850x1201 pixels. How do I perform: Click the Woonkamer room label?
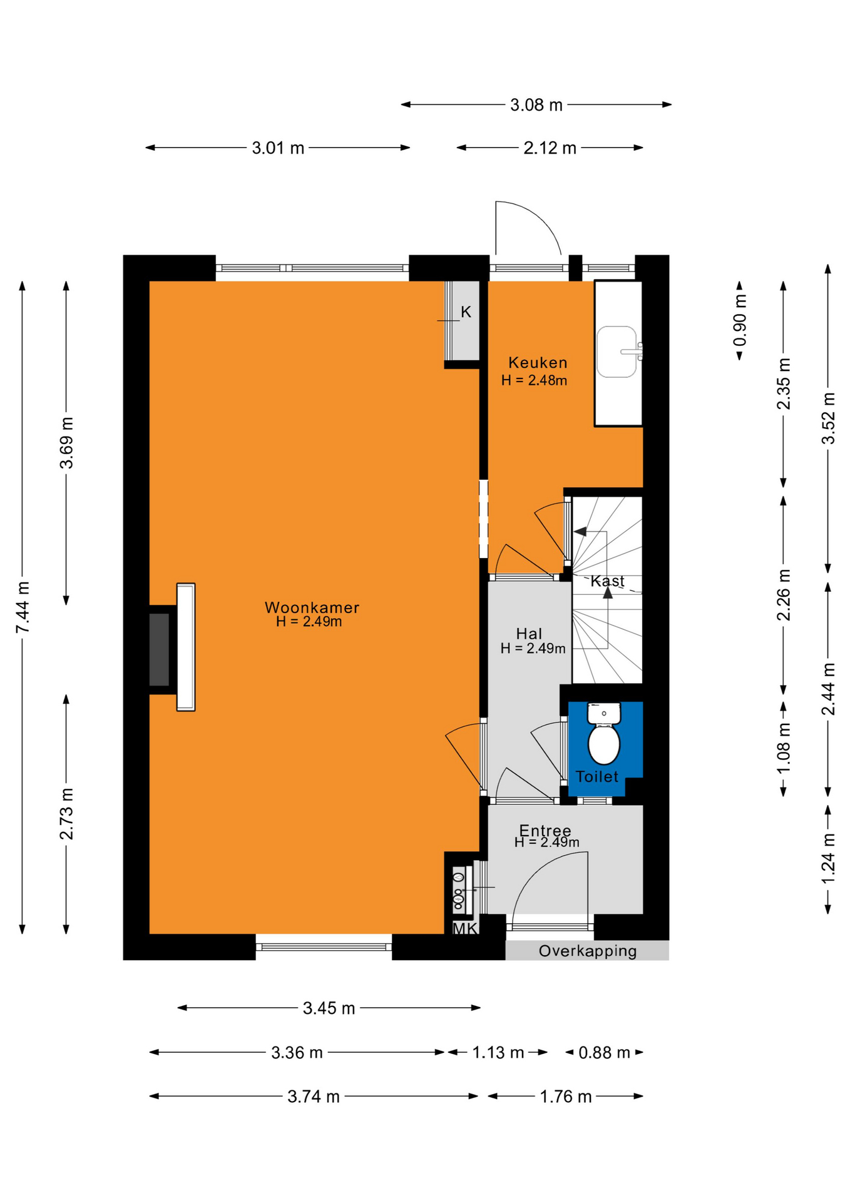click(x=312, y=607)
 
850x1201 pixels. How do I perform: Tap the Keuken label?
click(x=538, y=362)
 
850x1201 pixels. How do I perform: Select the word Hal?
click(x=529, y=634)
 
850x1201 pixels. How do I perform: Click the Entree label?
click(x=545, y=830)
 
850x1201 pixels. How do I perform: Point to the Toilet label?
click(x=597, y=776)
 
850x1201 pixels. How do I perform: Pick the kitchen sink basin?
click(x=617, y=352)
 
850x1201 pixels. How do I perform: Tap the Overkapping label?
click(x=588, y=951)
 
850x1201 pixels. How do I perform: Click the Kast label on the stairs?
click(x=607, y=581)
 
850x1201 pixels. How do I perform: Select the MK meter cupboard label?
click(x=465, y=928)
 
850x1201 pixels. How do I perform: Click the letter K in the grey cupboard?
click(x=466, y=312)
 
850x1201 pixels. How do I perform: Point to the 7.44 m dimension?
click(x=23, y=607)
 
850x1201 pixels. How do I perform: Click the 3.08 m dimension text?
click(x=536, y=105)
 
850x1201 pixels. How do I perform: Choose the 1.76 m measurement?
click(x=566, y=1097)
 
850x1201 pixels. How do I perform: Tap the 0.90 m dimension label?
click(x=739, y=320)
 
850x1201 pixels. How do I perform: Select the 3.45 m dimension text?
click(x=329, y=1008)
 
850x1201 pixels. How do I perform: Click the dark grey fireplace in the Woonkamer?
click(x=159, y=649)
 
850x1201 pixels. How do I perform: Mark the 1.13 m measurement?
click(x=498, y=1053)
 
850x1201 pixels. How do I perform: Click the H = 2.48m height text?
click(x=534, y=380)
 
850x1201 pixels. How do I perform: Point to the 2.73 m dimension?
click(x=66, y=814)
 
